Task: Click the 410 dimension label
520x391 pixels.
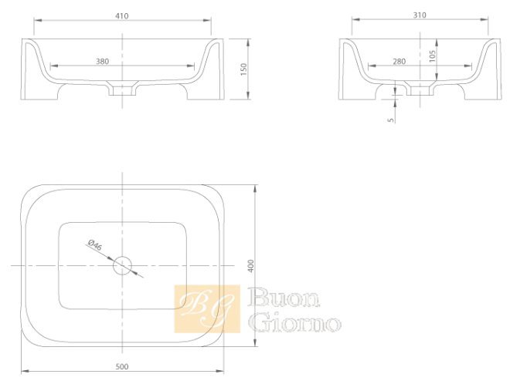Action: (122, 16)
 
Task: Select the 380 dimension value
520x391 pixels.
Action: (103, 61)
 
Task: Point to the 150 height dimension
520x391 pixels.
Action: (243, 69)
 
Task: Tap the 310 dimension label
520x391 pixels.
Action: (420, 15)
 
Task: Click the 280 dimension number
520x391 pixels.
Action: (399, 61)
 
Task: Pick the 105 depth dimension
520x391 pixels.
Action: (432, 56)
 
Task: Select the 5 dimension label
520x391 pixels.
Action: (391, 120)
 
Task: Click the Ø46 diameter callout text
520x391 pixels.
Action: (95, 245)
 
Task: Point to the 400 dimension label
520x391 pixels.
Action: (251, 266)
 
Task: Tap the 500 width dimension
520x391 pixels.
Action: (122, 366)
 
